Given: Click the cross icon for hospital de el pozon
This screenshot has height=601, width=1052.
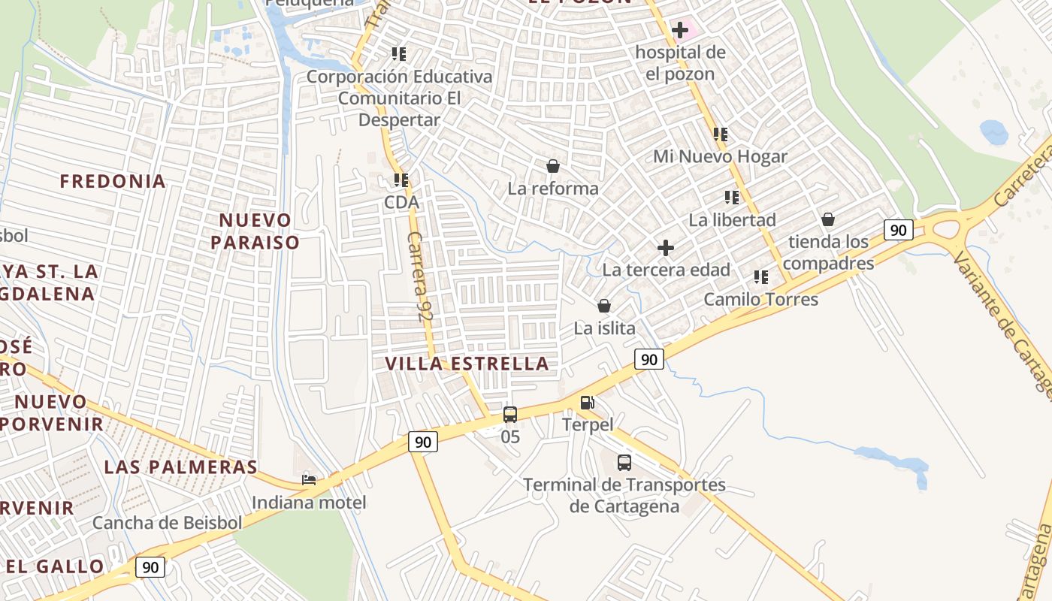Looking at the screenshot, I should tap(680, 31).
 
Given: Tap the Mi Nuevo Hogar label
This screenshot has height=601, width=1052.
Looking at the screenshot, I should tap(720, 156).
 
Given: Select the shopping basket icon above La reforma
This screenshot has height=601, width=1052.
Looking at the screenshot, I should tap(553, 166).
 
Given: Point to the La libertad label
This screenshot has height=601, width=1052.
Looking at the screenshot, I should tap(732, 220).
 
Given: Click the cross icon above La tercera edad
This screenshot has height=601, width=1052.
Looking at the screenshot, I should tap(666, 248).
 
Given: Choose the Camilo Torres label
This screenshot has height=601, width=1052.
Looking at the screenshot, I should tap(760, 299).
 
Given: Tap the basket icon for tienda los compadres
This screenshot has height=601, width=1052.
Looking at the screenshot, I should tap(828, 219).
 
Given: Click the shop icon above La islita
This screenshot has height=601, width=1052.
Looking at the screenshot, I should tap(603, 306).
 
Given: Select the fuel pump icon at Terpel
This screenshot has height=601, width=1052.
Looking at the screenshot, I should tap(588, 403).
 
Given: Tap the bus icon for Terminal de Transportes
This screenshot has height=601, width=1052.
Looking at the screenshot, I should tap(624, 463).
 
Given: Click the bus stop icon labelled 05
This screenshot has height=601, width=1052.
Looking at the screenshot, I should tap(510, 415).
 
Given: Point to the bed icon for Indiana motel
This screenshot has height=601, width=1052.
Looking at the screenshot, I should tap(309, 479).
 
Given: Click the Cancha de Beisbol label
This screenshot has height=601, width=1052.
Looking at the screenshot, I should tap(167, 523).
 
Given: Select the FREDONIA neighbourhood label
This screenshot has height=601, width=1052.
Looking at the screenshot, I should tap(113, 181).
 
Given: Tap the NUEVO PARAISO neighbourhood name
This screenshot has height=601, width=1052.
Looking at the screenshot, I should tap(255, 231).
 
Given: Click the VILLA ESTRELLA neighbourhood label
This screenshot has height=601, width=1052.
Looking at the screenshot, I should tap(467, 364).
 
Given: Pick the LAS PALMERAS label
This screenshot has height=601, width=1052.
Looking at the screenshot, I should tap(180, 467).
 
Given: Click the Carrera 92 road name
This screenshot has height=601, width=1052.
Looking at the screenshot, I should tap(422, 277).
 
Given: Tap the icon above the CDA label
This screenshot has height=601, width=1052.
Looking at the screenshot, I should tap(401, 180).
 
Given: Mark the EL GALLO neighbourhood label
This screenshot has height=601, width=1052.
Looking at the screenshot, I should tap(56, 566).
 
